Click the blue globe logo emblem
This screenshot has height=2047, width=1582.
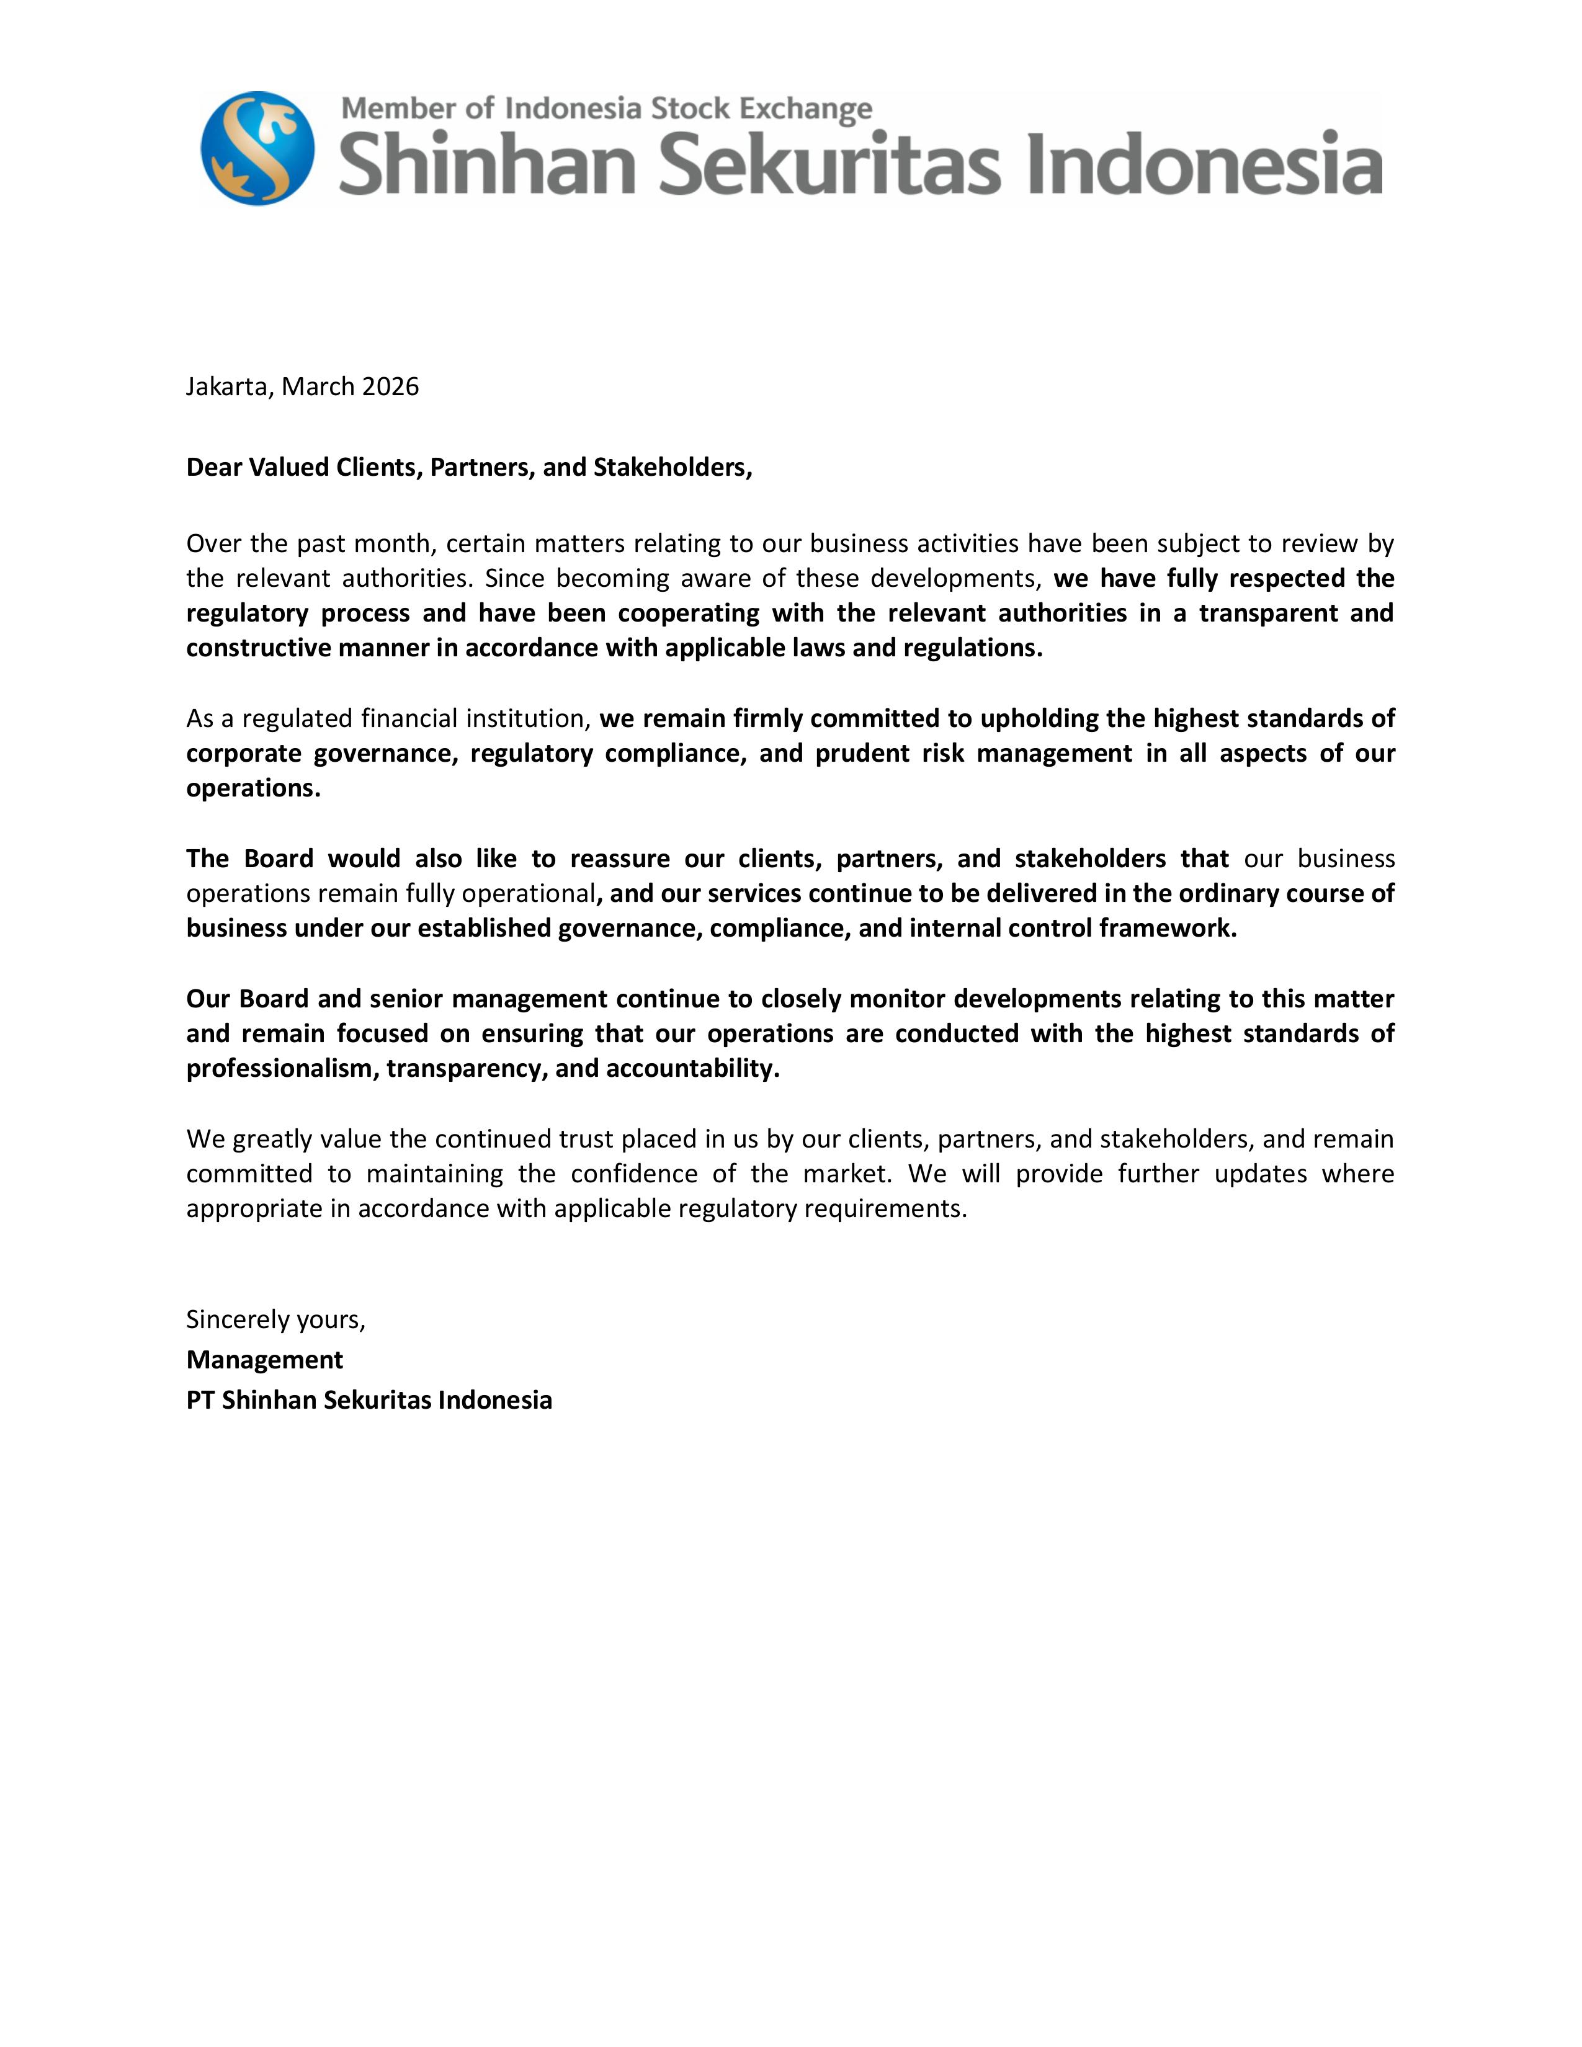coord(257,148)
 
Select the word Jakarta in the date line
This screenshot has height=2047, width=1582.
coord(228,386)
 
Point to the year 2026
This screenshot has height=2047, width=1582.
coord(390,386)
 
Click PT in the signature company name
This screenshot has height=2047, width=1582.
coord(200,1400)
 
